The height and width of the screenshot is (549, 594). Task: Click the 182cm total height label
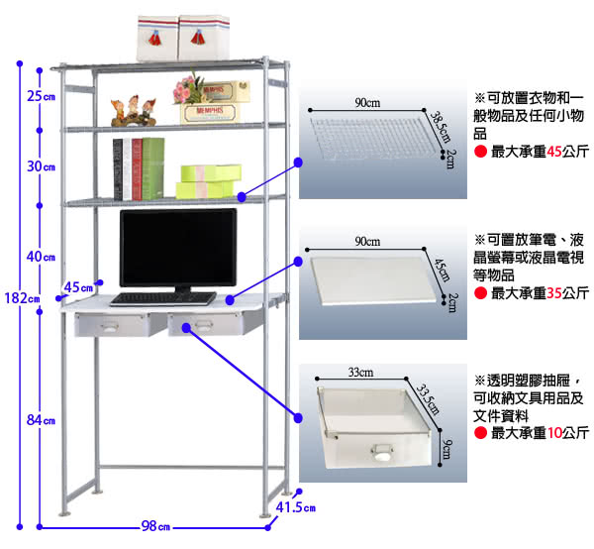[23, 298]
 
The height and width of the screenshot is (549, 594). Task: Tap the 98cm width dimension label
[155, 526]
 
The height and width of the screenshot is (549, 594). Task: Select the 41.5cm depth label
[295, 507]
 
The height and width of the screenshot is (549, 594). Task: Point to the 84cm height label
[41, 420]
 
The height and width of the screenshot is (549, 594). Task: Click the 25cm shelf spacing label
[41, 96]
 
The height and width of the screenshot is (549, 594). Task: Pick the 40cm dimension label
[41, 257]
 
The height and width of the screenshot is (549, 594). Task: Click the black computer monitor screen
[178, 248]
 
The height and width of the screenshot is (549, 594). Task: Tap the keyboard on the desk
[163, 299]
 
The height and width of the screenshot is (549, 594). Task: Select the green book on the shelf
[153, 168]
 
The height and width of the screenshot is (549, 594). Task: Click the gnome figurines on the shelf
[134, 111]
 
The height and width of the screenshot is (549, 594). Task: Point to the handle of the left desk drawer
[109, 327]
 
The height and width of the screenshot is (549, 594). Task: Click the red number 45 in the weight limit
[554, 152]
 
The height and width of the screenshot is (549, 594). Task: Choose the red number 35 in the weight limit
[554, 293]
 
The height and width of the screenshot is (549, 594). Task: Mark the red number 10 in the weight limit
[554, 433]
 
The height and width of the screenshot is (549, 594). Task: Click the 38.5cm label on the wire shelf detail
[440, 127]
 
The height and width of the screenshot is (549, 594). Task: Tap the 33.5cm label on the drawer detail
[428, 399]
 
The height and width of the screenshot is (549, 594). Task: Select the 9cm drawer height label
[447, 449]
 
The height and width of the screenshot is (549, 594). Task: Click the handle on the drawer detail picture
[382, 452]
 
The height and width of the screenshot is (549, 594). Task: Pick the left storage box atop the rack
[157, 39]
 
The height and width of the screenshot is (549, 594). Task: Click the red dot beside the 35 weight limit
[480, 293]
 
